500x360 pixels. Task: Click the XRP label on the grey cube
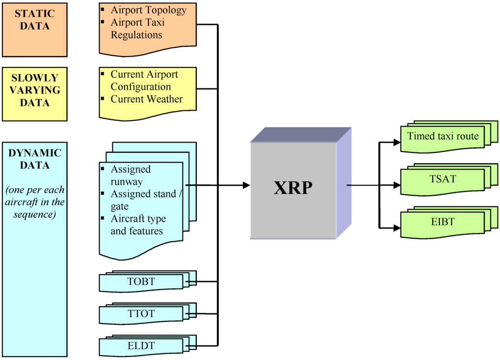292,187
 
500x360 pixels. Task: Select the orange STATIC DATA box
34,29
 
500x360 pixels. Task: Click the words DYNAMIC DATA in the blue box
35,159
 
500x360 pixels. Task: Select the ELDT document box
141,346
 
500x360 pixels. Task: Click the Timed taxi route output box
443,137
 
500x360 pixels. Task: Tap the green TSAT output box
443,179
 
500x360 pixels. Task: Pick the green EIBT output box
443,222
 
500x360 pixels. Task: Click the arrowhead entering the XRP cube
246,186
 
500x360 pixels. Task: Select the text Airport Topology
148,10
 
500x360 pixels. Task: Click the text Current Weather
146,99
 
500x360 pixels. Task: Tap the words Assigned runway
130,175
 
